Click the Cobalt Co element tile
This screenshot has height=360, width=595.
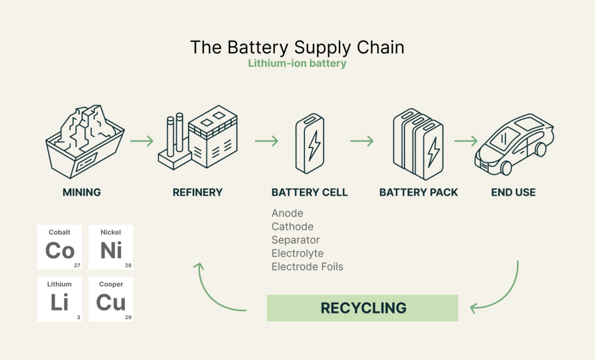pos(60,247)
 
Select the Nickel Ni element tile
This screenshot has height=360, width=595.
pos(111,247)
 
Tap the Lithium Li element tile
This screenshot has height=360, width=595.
pos(60,299)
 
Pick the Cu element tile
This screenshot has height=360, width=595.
pos(111,299)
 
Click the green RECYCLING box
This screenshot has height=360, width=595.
pos(363,308)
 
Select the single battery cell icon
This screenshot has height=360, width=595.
pos(310,144)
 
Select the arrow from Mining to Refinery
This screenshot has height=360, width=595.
pos(141,141)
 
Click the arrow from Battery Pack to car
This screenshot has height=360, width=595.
pos(465,141)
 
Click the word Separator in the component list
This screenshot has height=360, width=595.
pos(296,240)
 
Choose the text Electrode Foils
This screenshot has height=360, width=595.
pos(307,267)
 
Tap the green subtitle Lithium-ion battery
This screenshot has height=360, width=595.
pos(297,63)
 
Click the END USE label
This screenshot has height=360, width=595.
pos(513,192)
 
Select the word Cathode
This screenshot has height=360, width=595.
pos(292,226)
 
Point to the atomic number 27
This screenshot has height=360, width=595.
pos(77,265)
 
